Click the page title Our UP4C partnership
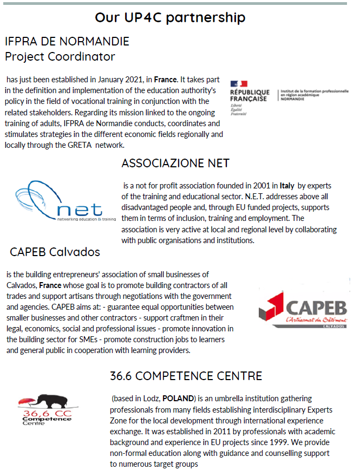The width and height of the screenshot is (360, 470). (170, 17)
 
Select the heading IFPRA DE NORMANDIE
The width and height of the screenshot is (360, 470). (67, 42)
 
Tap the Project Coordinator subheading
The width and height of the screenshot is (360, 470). (60, 56)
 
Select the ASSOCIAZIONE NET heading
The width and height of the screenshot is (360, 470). (175, 163)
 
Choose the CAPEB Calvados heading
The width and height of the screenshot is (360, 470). (55, 252)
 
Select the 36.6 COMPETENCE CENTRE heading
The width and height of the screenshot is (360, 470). (186, 376)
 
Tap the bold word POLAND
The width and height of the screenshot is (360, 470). (178, 399)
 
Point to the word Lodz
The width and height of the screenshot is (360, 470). (150, 399)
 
